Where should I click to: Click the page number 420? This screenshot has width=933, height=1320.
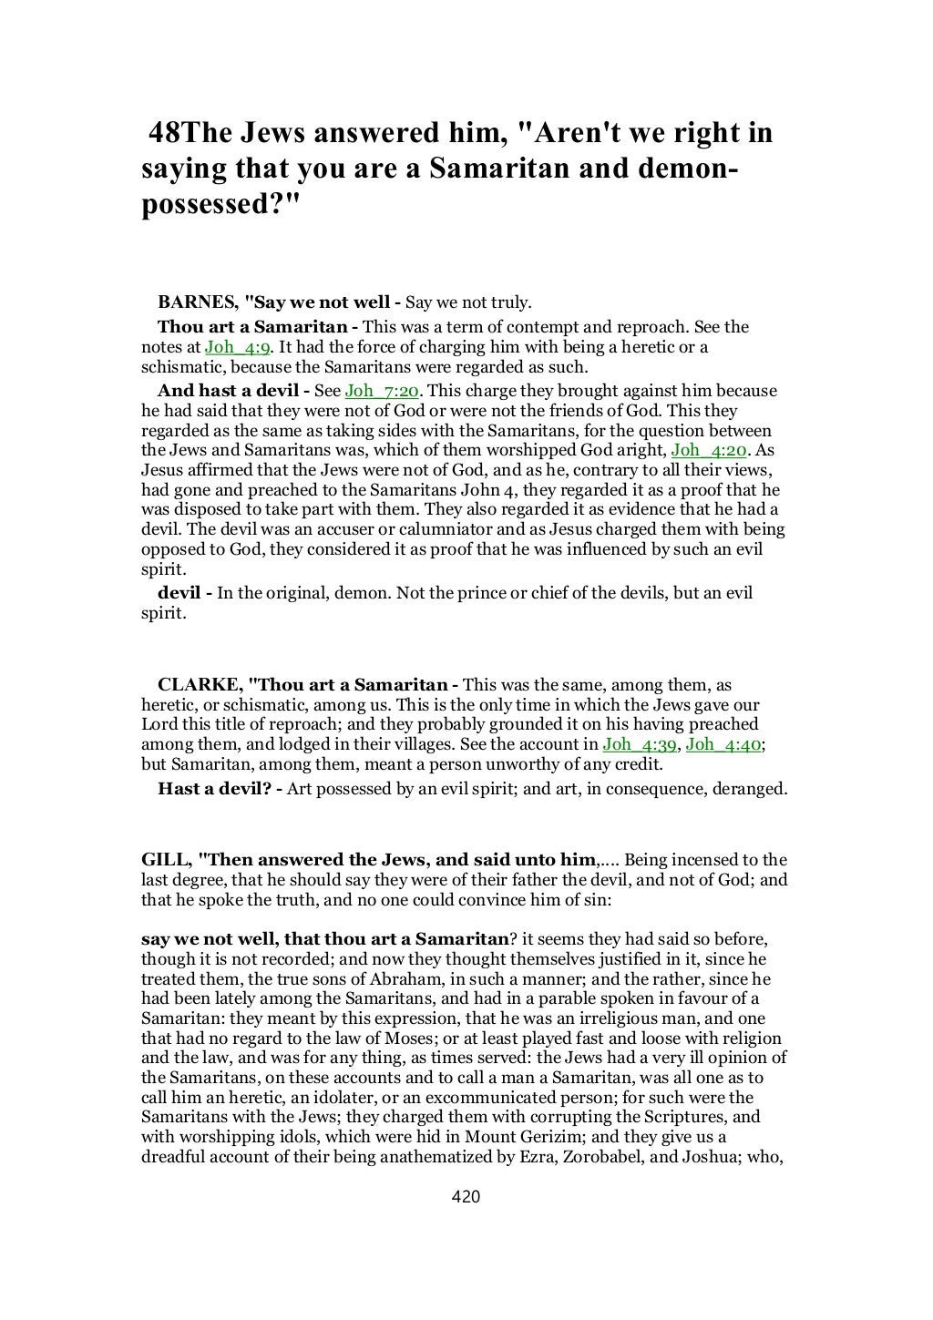point(466,1197)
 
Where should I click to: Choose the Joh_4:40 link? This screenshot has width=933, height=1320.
point(724,744)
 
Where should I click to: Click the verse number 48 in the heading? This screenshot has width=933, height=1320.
point(166,134)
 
